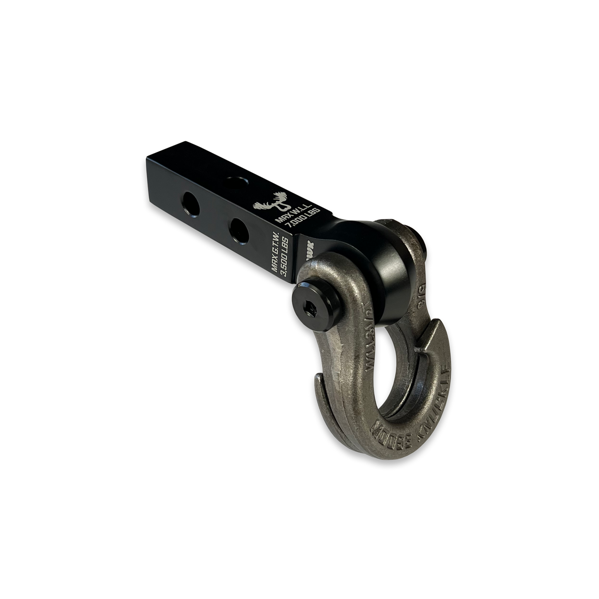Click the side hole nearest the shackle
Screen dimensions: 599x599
click(240, 228)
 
